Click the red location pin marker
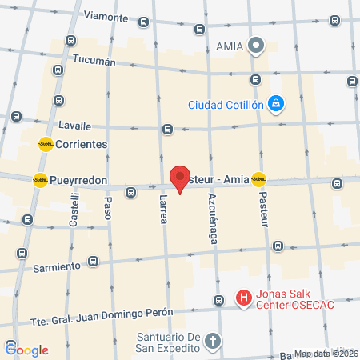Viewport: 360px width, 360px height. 181,177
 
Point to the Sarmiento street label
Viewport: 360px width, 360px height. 58,266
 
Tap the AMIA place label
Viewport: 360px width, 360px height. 230,46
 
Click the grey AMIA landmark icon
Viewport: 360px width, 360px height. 256,46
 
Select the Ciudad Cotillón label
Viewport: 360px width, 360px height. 225,104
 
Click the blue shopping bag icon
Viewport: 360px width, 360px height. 275,102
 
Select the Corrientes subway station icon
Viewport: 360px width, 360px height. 46,144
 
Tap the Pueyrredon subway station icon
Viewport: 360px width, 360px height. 40,180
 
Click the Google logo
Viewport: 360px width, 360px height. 27,350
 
